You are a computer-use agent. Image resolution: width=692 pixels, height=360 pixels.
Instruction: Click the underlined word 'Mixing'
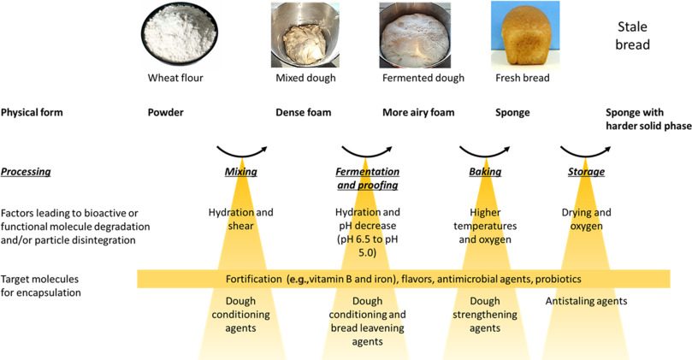tap(240, 171)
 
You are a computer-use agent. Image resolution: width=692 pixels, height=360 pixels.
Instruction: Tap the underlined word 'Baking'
tap(486, 171)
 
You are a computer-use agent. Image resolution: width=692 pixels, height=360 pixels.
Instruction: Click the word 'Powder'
tap(167, 112)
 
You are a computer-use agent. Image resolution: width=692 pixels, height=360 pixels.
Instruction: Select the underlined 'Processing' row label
tap(27, 171)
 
